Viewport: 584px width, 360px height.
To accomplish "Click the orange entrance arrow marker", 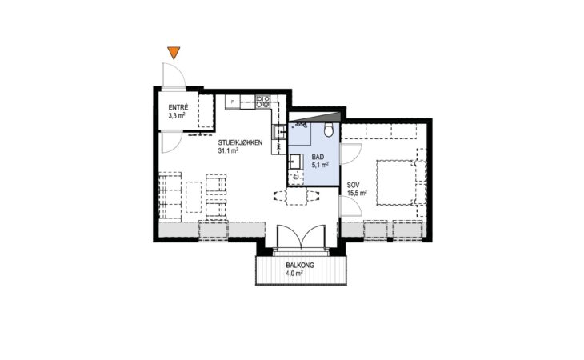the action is click(x=174, y=53).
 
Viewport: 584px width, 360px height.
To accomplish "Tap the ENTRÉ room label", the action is click(x=178, y=107).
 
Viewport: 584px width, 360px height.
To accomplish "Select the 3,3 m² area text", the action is click(x=177, y=115).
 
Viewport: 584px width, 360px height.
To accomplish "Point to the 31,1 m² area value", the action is click(x=228, y=150).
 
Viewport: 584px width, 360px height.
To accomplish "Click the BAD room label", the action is click(x=318, y=157).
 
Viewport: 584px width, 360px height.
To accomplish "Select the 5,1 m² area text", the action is click(x=320, y=165).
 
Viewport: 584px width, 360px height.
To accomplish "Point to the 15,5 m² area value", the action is click(x=357, y=193).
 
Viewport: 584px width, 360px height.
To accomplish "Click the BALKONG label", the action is click(x=300, y=266).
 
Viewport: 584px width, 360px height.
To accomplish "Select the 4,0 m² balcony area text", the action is click(x=294, y=274).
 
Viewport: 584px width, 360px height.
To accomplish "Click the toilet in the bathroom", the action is click(x=329, y=130).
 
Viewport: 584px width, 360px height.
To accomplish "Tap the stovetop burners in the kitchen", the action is click(x=262, y=102).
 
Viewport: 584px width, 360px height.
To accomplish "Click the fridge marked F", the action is click(x=233, y=102).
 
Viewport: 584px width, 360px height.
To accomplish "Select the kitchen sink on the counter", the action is click(x=278, y=132).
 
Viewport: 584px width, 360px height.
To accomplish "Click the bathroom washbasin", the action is click(x=295, y=162).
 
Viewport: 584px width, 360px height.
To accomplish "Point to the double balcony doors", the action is click(x=301, y=237).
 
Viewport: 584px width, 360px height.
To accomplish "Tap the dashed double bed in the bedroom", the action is click(x=394, y=182).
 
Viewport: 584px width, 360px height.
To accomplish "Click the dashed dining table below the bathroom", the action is click(x=297, y=196).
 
